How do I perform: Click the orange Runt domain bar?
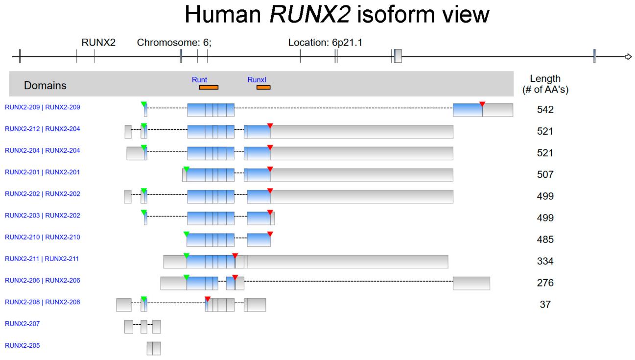(209, 88)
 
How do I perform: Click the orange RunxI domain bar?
(263, 88)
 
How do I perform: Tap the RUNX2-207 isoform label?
(23, 324)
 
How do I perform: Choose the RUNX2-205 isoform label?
(23, 345)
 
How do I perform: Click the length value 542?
(545, 110)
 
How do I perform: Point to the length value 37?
(545, 305)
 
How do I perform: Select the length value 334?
(545, 262)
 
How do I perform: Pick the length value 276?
(545, 283)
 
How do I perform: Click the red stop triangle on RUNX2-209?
(482, 104)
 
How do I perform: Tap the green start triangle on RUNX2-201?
(186, 169)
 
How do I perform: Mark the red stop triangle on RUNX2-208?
(208, 299)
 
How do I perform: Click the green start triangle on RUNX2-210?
(186, 234)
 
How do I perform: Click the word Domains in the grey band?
(45, 86)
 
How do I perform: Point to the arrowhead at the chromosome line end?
(629, 57)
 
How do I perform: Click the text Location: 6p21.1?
(325, 43)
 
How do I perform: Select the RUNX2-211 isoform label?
(42, 259)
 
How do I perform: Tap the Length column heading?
(545, 84)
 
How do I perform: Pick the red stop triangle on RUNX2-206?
(235, 277)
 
